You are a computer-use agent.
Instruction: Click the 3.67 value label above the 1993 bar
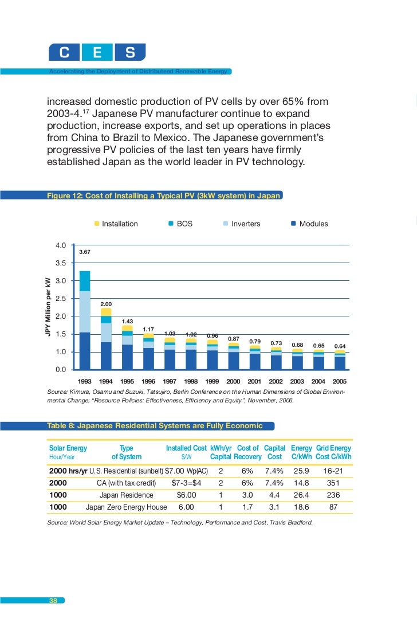[85, 252]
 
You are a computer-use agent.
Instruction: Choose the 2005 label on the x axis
[340, 381]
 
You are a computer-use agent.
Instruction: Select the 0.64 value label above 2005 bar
[340, 346]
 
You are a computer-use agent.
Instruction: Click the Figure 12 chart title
[164, 195]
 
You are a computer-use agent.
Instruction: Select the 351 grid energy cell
[333, 483]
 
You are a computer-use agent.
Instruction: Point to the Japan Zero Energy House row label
[126, 507]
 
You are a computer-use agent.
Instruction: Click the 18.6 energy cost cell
[301, 507]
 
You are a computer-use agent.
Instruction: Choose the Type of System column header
[126, 452]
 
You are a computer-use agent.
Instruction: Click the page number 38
[53, 600]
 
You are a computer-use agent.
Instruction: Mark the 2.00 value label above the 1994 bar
[106, 304]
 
